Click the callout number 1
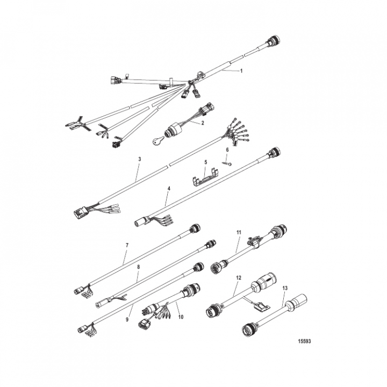click(241, 71)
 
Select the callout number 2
click(203, 123)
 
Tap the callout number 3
click(139, 159)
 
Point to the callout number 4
click(169, 189)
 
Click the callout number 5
click(205, 162)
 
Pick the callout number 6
click(227, 150)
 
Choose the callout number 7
click(127, 245)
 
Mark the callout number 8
click(139, 267)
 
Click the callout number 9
click(127, 319)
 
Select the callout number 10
click(181, 317)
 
